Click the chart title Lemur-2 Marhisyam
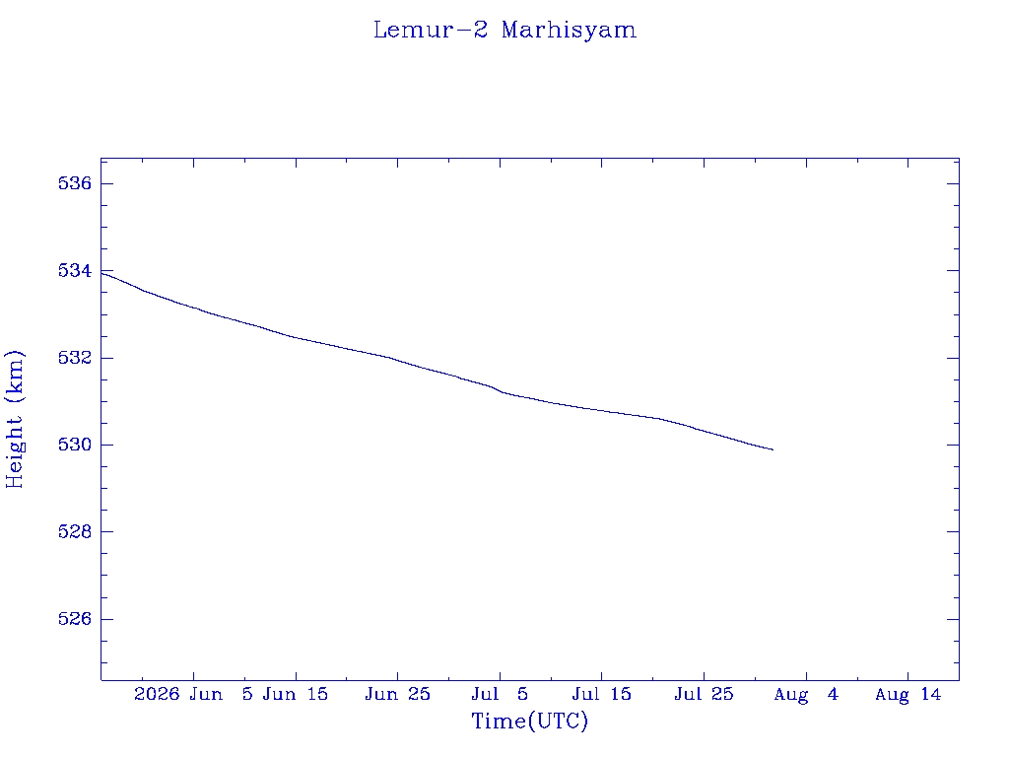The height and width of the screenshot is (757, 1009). click(504, 31)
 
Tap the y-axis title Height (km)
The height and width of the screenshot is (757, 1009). click(14, 419)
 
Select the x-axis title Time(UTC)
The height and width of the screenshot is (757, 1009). click(529, 721)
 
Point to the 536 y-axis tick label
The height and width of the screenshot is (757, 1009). click(75, 183)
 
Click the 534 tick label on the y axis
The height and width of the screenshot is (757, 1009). click(75, 270)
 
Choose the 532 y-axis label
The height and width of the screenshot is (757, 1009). click(75, 358)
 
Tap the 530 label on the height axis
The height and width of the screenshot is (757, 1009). click(75, 445)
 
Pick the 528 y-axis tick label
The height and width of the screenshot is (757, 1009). click(75, 531)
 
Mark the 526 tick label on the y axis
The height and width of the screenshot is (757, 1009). click(75, 619)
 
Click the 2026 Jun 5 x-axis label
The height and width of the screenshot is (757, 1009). click(194, 695)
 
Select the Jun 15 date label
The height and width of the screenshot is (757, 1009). click(296, 695)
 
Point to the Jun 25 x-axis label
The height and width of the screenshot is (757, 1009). click(398, 695)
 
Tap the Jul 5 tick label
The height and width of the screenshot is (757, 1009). click(500, 695)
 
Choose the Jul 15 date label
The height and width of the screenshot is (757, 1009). click(602, 695)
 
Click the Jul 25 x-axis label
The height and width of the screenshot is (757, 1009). click(704, 695)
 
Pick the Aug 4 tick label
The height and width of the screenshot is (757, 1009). click(806, 695)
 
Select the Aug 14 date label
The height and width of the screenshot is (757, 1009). click(908, 695)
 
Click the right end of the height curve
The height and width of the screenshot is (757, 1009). click(773, 449)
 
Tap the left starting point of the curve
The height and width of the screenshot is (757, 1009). click(101, 274)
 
